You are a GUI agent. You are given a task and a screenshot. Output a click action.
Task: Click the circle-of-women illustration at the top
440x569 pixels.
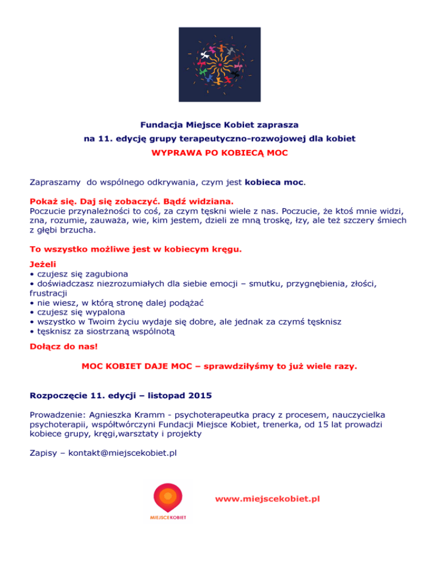click(220, 64)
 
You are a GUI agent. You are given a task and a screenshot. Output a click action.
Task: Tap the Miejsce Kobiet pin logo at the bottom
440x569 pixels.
click(168, 500)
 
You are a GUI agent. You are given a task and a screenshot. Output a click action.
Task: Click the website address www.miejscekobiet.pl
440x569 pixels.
click(268, 499)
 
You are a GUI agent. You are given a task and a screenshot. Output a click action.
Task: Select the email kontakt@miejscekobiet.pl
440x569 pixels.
click(123, 453)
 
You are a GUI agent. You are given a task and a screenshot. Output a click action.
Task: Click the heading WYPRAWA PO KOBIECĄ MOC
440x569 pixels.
click(219, 153)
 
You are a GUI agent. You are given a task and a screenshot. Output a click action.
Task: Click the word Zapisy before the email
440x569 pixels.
click(44, 453)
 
